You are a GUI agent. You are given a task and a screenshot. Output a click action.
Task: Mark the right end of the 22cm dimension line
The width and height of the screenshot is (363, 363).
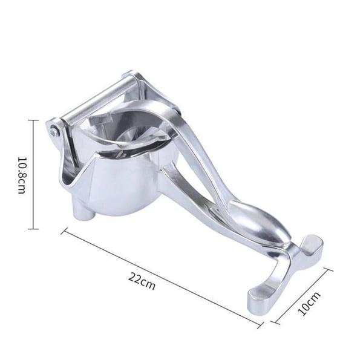[261, 325]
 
